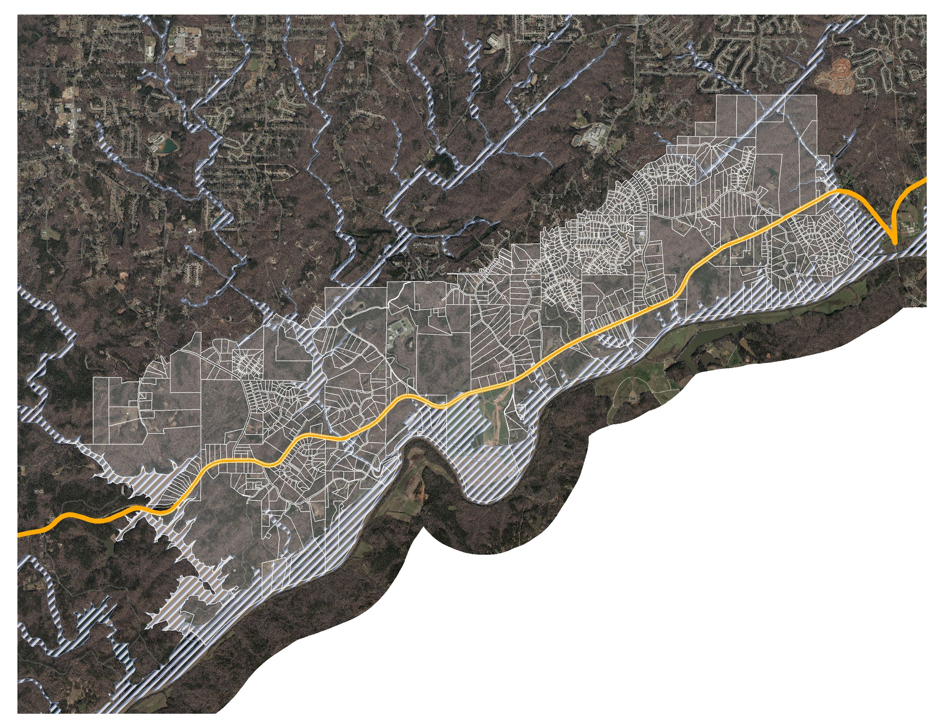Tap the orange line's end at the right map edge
[925, 179]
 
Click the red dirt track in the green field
[497, 423]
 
